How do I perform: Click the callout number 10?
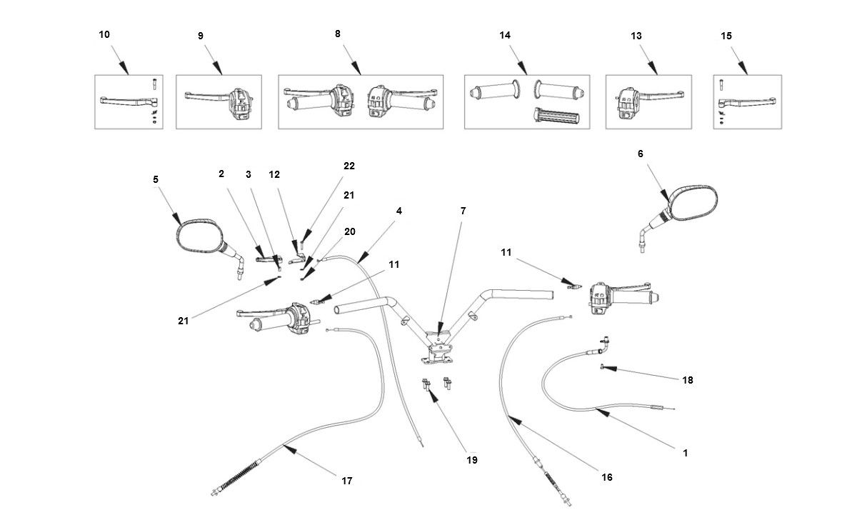pos(104,34)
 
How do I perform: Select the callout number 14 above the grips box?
pos(505,35)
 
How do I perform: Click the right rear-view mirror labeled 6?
pos(691,205)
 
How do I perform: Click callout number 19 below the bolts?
pos(471,460)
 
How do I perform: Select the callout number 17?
pos(346,481)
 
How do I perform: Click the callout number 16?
pos(606,477)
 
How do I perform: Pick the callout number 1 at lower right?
pos(686,453)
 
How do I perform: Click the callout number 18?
pos(688,380)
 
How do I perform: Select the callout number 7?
pos(463,211)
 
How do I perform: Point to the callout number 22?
pos(349,165)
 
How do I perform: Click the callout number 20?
pos(349,231)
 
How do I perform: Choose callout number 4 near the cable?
pos(399,211)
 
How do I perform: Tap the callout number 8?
pos(337,34)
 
